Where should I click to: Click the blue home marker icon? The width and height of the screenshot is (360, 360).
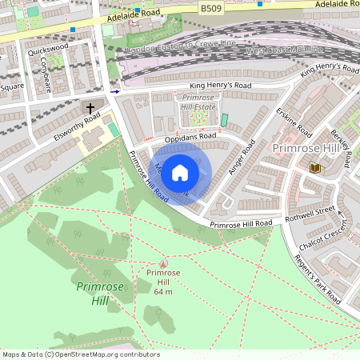click(180, 172)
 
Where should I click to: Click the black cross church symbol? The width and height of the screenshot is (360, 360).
click(90, 107)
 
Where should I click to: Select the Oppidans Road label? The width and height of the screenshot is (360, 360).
click(186, 137)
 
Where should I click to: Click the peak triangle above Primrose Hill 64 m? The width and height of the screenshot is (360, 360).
click(164, 263)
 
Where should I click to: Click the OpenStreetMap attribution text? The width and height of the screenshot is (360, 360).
click(80, 354)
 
